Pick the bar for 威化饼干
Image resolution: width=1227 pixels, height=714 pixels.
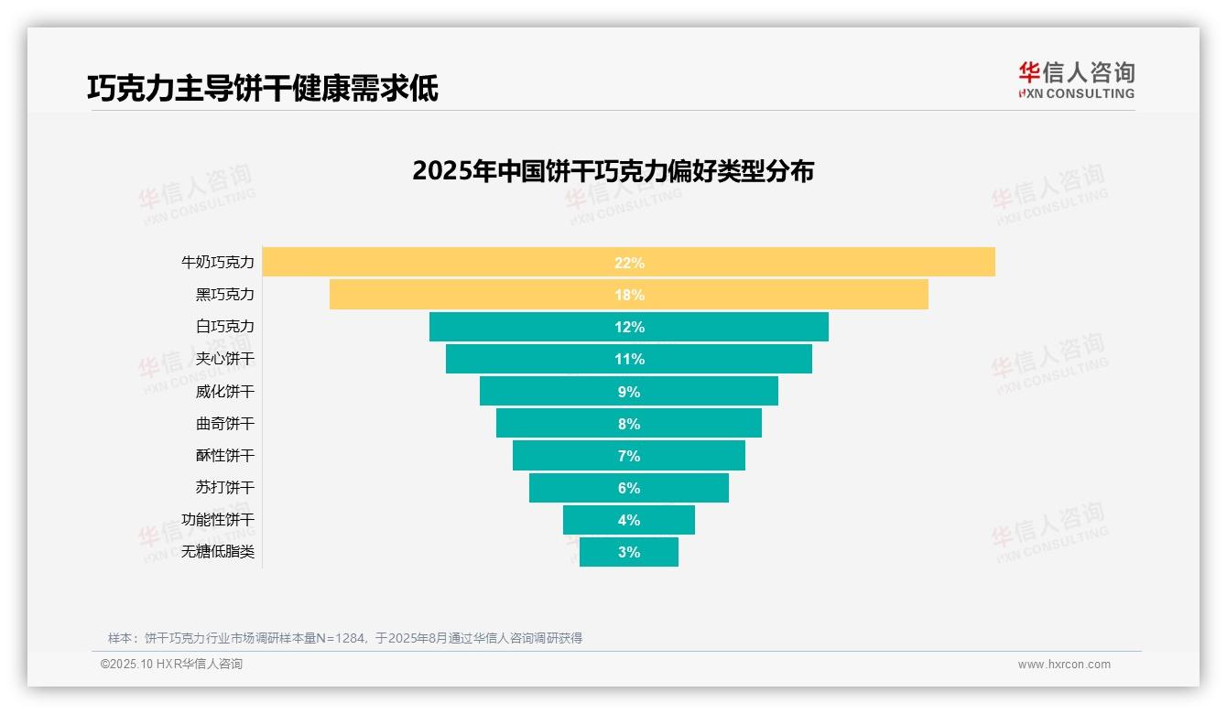[549, 392]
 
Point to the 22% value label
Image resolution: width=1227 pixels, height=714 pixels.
[629, 263]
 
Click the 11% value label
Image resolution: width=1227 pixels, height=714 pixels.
[629, 359]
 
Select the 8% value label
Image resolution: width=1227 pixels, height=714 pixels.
[629, 424]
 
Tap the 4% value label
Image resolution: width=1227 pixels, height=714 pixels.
[629, 520]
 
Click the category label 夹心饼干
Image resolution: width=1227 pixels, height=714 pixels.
[225, 359]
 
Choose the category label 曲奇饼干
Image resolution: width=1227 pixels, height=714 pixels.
[225, 424]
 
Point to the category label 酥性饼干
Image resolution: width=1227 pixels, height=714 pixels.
[225, 456]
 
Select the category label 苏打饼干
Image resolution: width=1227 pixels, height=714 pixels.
[225, 488]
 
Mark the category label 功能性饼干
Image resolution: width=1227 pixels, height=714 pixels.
[218, 520]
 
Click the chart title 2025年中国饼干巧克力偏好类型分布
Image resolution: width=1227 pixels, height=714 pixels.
[613, 171]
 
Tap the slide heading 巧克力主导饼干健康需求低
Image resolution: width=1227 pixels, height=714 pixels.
[263, 88]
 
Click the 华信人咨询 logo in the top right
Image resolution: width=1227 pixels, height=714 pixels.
[1076, 80]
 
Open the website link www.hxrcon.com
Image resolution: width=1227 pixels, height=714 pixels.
[1064, 665]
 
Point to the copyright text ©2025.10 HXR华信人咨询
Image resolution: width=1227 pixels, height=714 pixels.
[171, 665]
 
